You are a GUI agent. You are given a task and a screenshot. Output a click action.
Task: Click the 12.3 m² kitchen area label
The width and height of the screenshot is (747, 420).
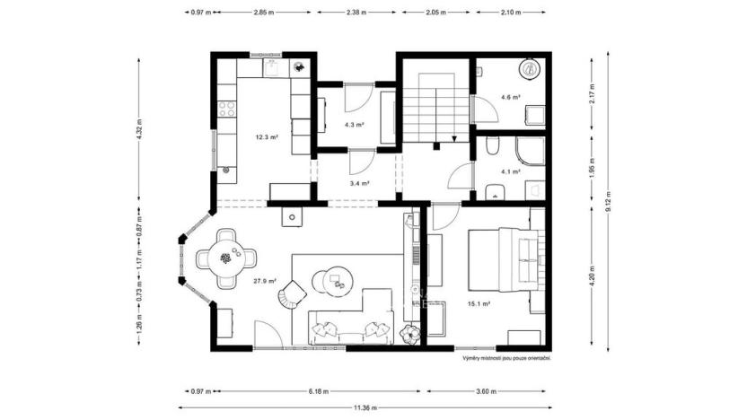tap(266, 137)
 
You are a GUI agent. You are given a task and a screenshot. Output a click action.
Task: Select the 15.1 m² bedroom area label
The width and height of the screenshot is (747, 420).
tap(479, 304)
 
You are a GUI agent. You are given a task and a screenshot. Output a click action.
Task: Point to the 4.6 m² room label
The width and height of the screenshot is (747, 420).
tap(511, 97)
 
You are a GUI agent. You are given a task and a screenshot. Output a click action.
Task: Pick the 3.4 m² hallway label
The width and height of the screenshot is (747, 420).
tap(360, 184)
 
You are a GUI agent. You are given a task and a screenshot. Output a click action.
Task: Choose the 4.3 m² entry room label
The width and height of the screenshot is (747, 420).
tap(354, 125)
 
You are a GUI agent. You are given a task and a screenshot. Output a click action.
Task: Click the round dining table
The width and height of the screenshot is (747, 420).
tap(225, 258)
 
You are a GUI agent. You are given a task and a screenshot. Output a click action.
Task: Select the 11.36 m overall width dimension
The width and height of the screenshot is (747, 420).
tap(364, 407)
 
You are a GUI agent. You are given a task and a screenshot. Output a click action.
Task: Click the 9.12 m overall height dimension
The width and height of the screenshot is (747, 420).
tap(607, 198)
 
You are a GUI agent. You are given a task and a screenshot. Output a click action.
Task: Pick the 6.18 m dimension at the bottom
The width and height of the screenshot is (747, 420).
tap(318, 391)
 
